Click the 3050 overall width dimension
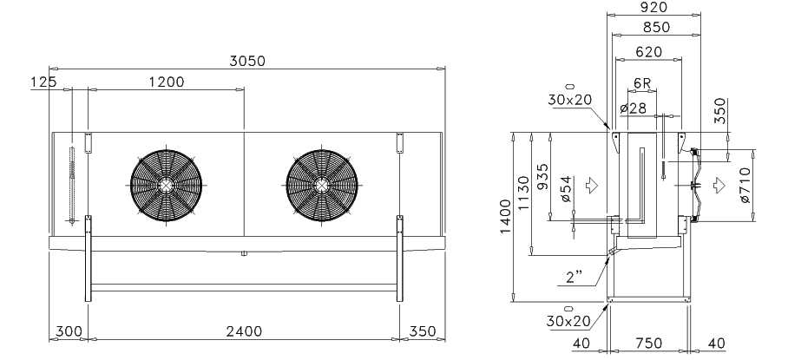coord(247,61)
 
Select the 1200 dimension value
coord(167,82)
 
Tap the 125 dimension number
coord(43,82)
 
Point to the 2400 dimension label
coord(244,331)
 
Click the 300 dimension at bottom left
coord(69,331)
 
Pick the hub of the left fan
coord(166,186)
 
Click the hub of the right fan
coord(322,186)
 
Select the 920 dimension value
coord(653,7)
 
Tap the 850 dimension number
coord(656,27)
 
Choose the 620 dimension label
coord(649,52)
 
